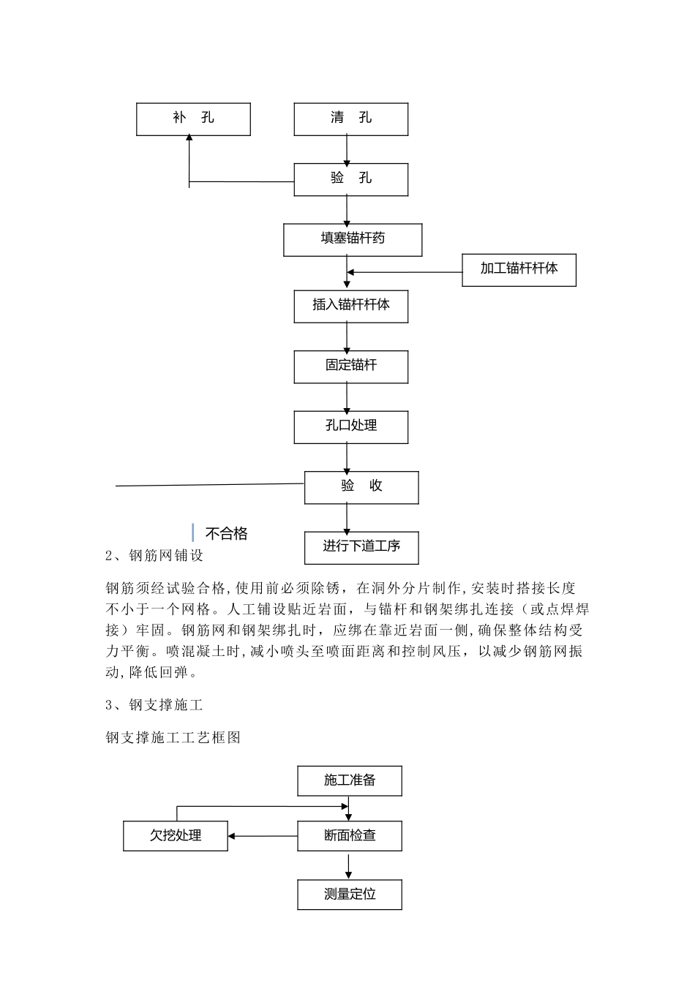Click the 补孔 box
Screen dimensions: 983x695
coord(193,118)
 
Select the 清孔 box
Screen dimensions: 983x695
coord(350,118)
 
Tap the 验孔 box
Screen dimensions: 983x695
coord(350,179)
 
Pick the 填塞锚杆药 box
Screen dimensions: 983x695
coord(353,240)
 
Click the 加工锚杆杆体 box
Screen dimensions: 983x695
coord(519,269)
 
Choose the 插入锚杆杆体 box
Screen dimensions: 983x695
coord(350,306)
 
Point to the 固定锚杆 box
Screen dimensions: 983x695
coord(350,366)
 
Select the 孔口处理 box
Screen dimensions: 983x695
coord(350,426)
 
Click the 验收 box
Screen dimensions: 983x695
coord(361,487)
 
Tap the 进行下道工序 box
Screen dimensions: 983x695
coord(361,547)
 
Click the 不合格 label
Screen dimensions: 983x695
coord(226,534)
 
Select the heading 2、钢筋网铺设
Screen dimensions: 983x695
coord(154,556)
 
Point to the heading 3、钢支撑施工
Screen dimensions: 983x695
coord(154,705)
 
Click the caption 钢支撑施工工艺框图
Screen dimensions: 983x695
coord(173,738)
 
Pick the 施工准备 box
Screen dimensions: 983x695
coord(350,781)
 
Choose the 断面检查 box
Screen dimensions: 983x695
coord(350,835)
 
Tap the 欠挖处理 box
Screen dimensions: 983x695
coord(176,835)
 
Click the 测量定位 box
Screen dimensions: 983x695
coord(350,895)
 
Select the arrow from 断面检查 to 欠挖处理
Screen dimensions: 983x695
coord(263,835)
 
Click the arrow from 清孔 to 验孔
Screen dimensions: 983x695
coord(347,150)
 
